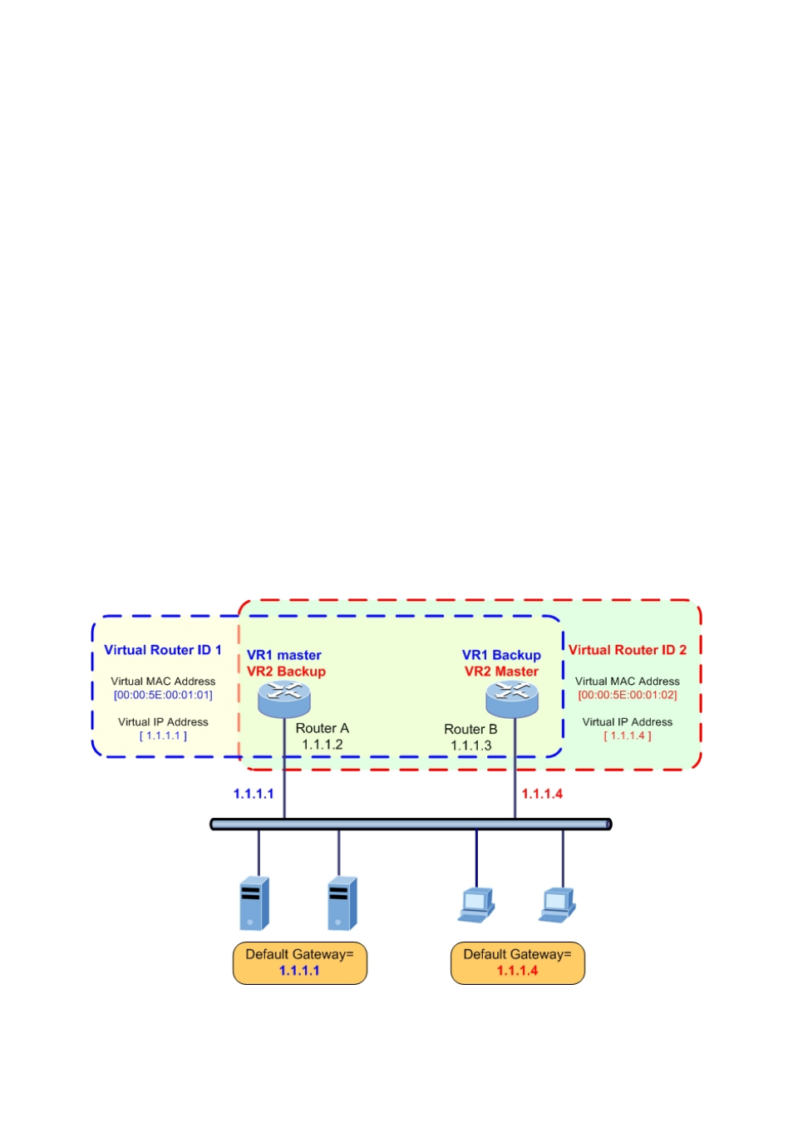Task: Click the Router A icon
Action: click(x=283, y=697)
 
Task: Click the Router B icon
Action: click(x=512, y=698)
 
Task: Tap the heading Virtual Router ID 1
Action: click(x=162, y=650)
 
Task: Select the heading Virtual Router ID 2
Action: click(x=628, y=650)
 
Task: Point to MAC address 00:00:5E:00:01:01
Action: click(x=163, y=695)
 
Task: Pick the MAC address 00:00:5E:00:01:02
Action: click(x=628, y=695)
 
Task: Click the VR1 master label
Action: click(x=283, y=655)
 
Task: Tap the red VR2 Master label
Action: click(x=501, y=672)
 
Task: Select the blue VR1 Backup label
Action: click(x=501, y=655)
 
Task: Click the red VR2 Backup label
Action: click(x=286, y=672)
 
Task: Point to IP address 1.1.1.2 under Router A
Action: click(x=323, y=745)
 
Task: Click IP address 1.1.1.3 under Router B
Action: click(x=471, y=746)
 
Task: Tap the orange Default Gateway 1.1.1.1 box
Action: click(x=299, y=962)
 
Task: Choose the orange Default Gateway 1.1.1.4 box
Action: click(x=517, y=962)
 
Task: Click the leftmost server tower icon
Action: click(x=254, y=903)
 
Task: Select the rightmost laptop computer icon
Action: click(x=557, y=904)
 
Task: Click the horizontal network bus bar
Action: click(x=411, y=824)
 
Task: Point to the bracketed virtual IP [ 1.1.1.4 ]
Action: click(x=628, y=736)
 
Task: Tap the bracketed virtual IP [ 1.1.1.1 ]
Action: click(x=163, y=736)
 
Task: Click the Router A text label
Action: click(x=323, y=728)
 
